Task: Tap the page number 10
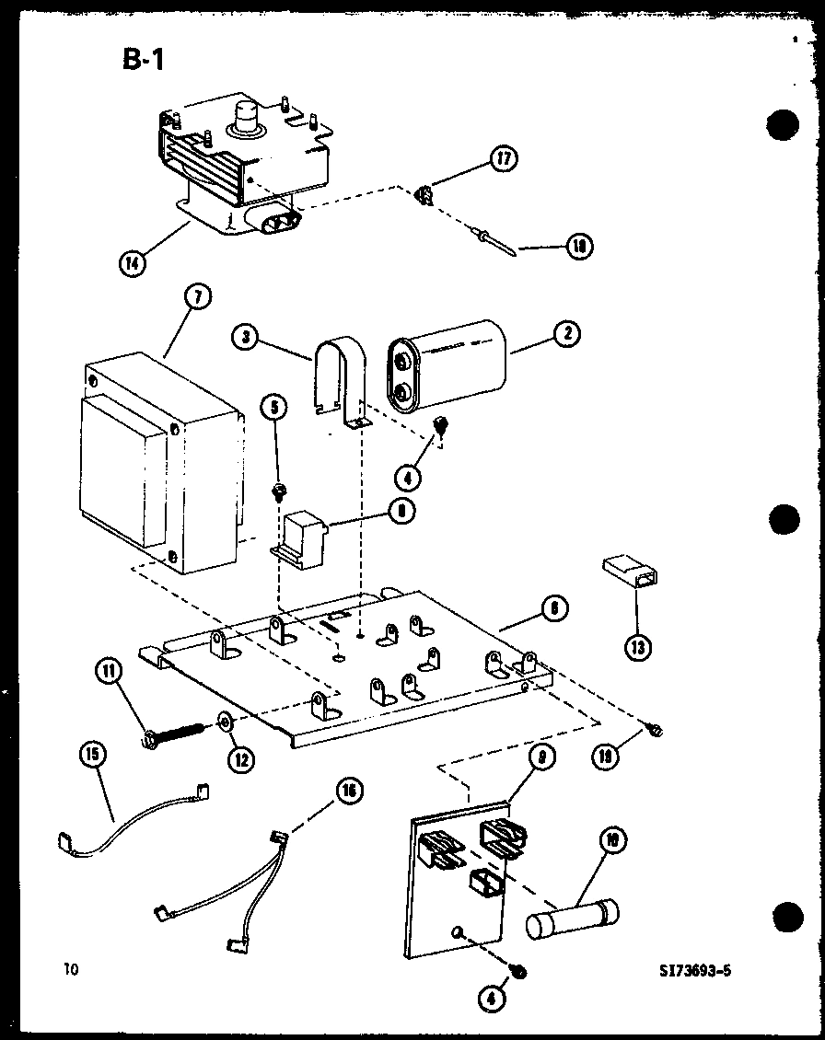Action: [71, 968]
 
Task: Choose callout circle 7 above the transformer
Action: [198, 297]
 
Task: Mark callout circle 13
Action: [636, 647]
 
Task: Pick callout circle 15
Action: [92, 756]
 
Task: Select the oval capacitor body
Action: [447, 365]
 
